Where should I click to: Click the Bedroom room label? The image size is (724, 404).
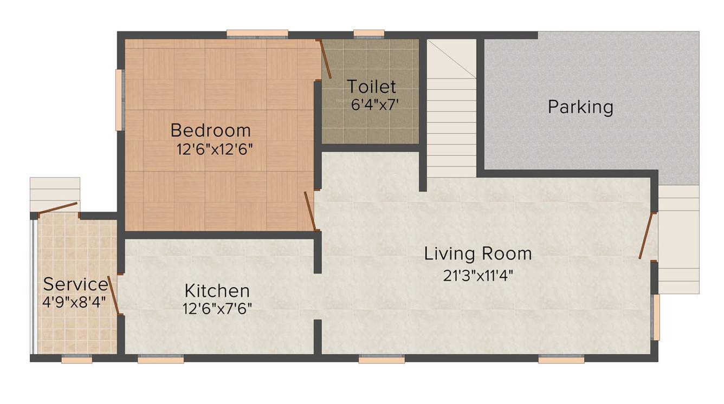[211, 131]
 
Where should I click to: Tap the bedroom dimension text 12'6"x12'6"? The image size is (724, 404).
[214, 149]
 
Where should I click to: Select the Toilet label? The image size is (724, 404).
[372, 87]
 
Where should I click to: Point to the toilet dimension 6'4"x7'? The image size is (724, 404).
[376, 104]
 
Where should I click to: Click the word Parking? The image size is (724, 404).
[580, 107]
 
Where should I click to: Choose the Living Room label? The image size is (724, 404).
[478, 253]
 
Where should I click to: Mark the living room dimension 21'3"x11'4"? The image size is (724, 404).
[479, 276]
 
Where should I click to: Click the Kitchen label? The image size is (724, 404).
[217, 291]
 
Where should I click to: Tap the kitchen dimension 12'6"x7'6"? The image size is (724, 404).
[217, 308]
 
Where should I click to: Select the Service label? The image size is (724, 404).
[75, 284]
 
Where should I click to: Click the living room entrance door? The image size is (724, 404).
[647, 237]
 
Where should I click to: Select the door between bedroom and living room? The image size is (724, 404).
[310, 211]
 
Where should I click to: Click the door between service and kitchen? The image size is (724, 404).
[114, 295]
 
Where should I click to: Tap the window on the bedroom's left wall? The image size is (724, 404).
[119, 100]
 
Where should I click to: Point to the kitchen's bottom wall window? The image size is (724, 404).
[160, 359]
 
